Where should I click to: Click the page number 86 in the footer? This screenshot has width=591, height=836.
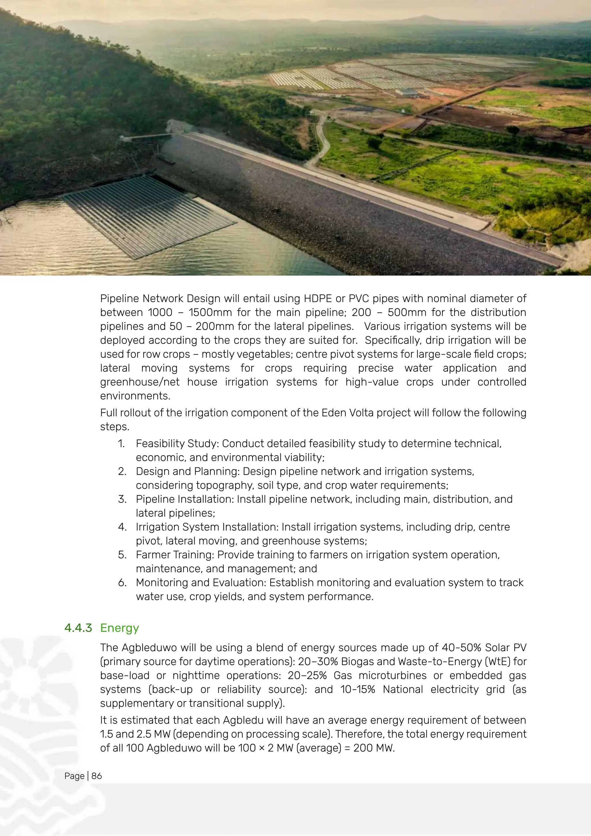tap(96, 776)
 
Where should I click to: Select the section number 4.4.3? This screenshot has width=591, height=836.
tap(78, 628)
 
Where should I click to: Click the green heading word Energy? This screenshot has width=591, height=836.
tap(119, 628)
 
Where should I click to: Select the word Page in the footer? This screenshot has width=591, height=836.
tap(74, 776)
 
